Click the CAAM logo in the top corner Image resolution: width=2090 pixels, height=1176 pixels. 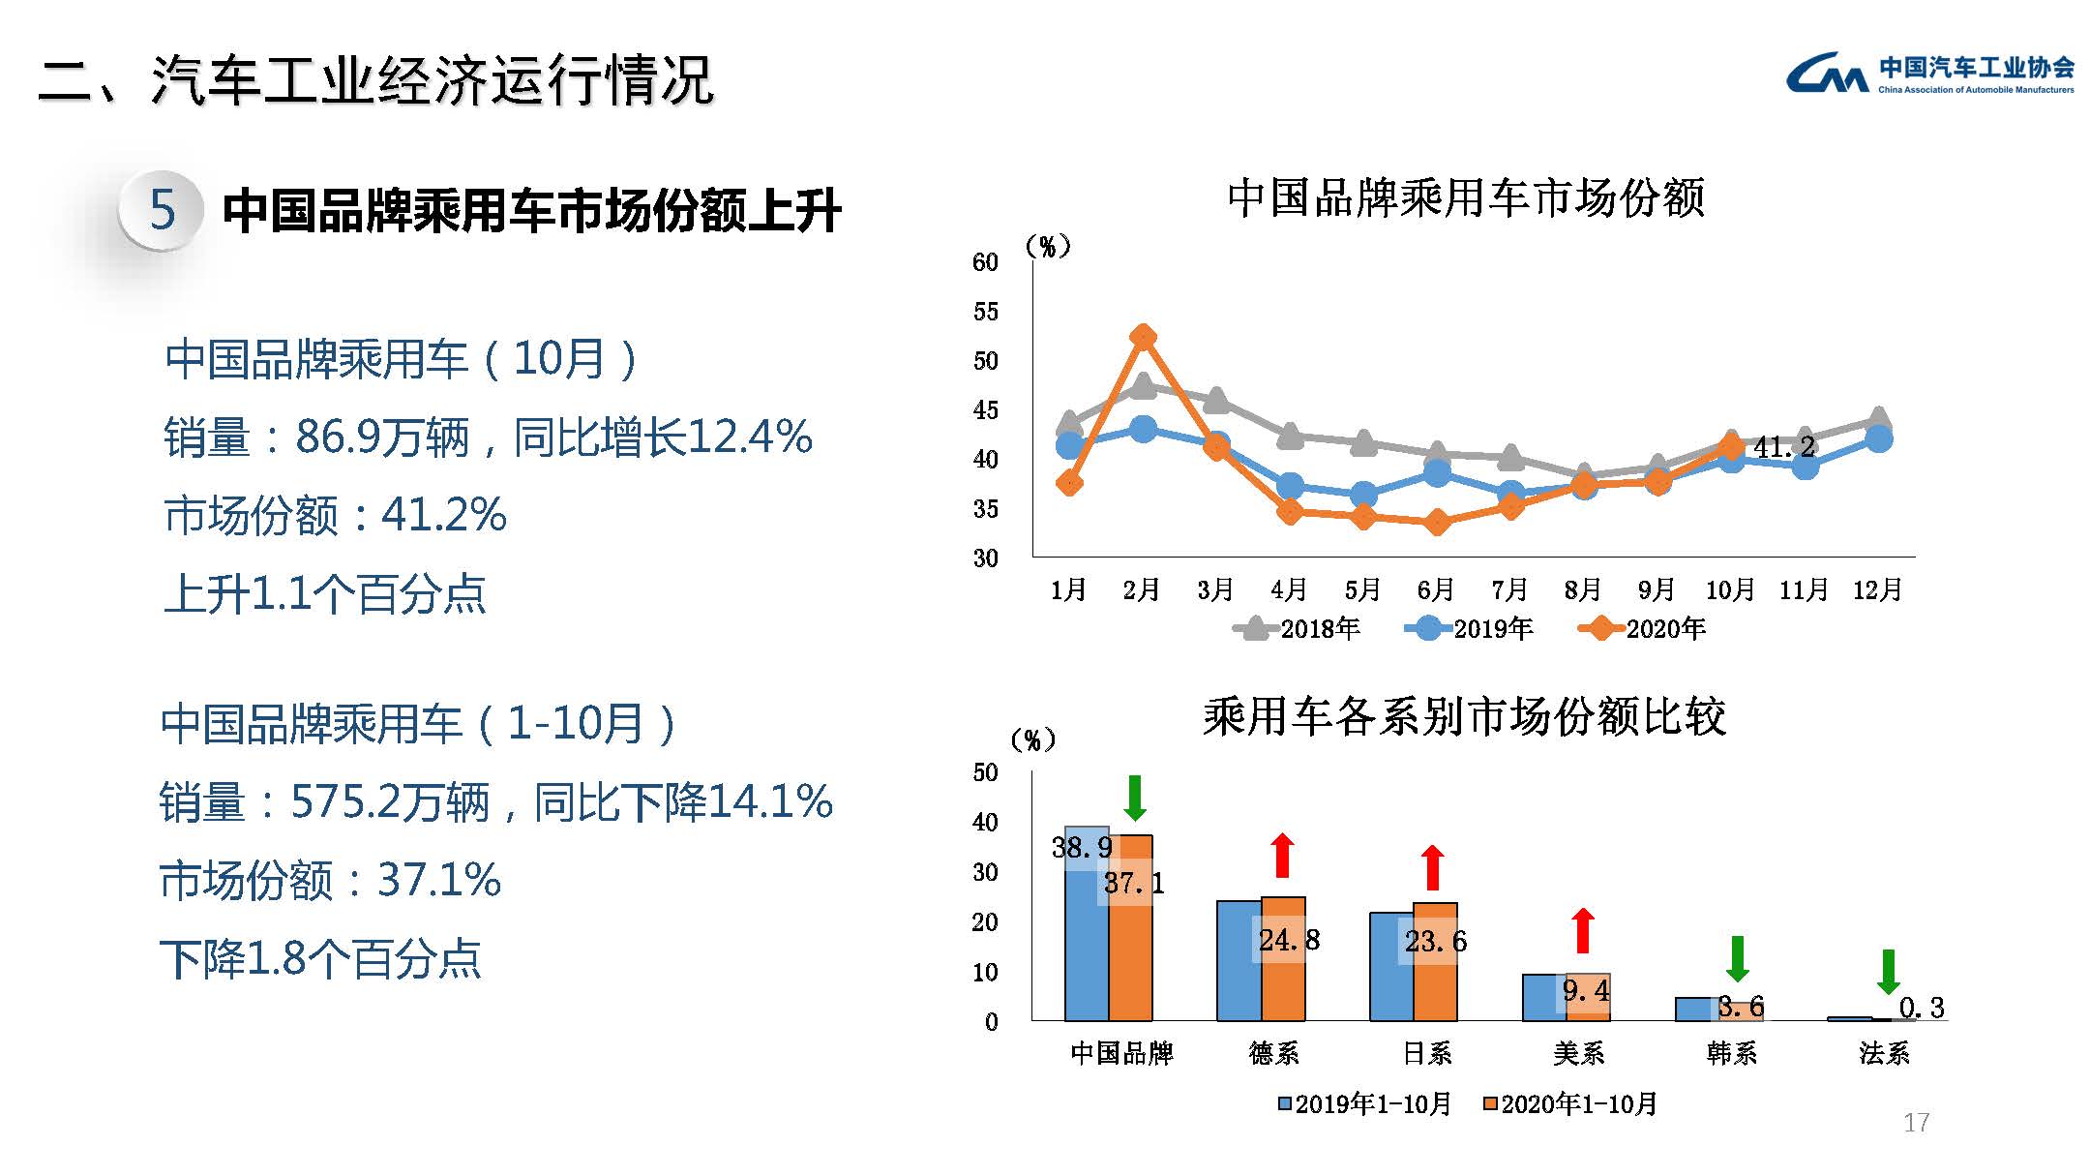point(1928,74)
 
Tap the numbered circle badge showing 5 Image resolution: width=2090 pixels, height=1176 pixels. point(162,209)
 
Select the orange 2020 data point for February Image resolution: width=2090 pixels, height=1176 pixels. point(1143,337)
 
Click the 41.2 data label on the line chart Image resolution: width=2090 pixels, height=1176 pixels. point(1784,447)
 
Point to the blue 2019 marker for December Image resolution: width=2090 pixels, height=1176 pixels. point(1878,438)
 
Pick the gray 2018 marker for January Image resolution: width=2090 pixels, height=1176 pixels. point(1069,423)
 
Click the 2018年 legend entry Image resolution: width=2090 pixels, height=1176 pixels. point(1299,629)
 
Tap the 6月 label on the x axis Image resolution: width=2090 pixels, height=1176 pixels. point(1436,589)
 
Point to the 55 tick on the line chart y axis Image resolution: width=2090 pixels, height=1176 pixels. point(985,312)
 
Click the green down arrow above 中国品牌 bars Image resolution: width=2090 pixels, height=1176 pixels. point(1135,798)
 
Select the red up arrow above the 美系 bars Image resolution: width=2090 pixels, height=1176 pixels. point(1583,930)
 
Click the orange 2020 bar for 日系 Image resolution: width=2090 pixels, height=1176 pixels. point(1435,962)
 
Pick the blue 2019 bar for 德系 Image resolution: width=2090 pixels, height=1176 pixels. point(1239,960)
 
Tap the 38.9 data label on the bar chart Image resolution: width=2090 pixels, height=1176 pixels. point(1082,848)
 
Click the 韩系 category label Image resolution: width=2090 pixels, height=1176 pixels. point(1731,1053)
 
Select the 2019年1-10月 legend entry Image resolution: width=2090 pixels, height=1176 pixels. point(1365,1104)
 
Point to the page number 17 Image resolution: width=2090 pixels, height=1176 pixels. point(1916,1123)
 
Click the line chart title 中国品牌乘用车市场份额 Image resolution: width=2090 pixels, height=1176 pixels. point(1465,198)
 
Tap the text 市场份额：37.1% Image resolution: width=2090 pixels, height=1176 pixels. point(330,881)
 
